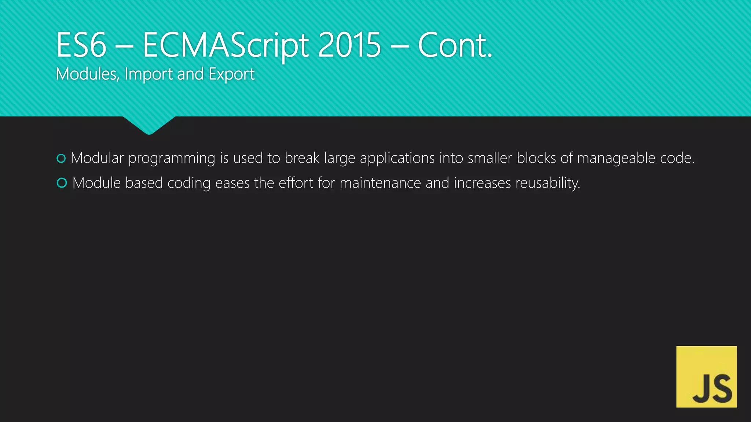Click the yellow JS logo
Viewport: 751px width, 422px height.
tap(706, 377)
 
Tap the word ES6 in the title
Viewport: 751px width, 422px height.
tap(81, 45)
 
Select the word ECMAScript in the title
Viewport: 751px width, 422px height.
tap(226, 46)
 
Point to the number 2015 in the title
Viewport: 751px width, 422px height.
tap(349, 45)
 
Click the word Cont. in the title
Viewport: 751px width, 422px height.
tap(455, 45)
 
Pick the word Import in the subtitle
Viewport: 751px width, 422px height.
tap(148, 74)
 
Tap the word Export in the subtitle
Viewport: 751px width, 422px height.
tap(231, 74)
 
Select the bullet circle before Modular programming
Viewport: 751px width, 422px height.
tap(61, 158)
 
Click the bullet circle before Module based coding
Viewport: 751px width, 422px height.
tap(62, 183)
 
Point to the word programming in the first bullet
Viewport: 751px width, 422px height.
tap(172, 159)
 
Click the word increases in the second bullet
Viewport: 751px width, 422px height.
tap(482, 183)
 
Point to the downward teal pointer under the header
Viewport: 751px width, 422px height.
tap(149, 125)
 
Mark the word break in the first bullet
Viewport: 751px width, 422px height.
tap(302, 158)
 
